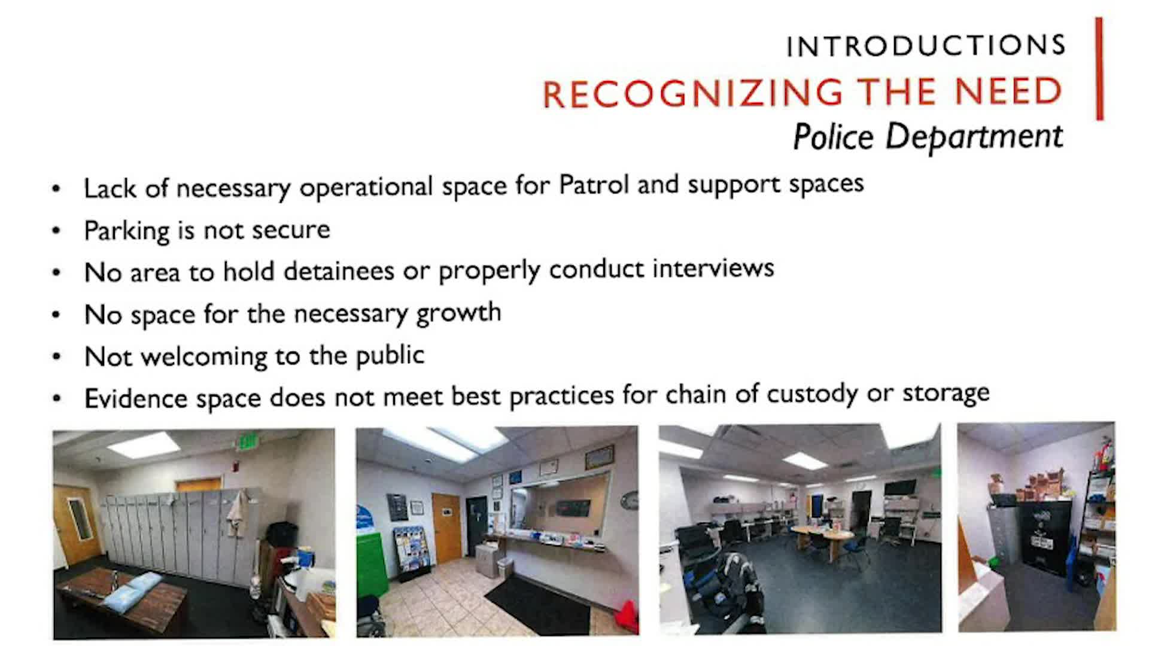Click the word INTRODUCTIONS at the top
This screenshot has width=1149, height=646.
[926, 46]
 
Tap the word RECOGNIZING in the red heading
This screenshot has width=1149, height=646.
[694, 93]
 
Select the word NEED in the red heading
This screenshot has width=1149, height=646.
[1008, 91]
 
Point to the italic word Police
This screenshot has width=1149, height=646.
[833, 137]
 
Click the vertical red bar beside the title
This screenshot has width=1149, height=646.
[1099, 69]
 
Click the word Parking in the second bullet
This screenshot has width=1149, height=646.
[127, 231]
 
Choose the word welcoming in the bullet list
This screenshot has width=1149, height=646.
[203, 357]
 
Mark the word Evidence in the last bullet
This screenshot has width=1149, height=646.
[136, 398]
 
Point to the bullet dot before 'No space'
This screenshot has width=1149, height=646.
[56, 314]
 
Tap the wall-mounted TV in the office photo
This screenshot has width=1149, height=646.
[899, 487]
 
